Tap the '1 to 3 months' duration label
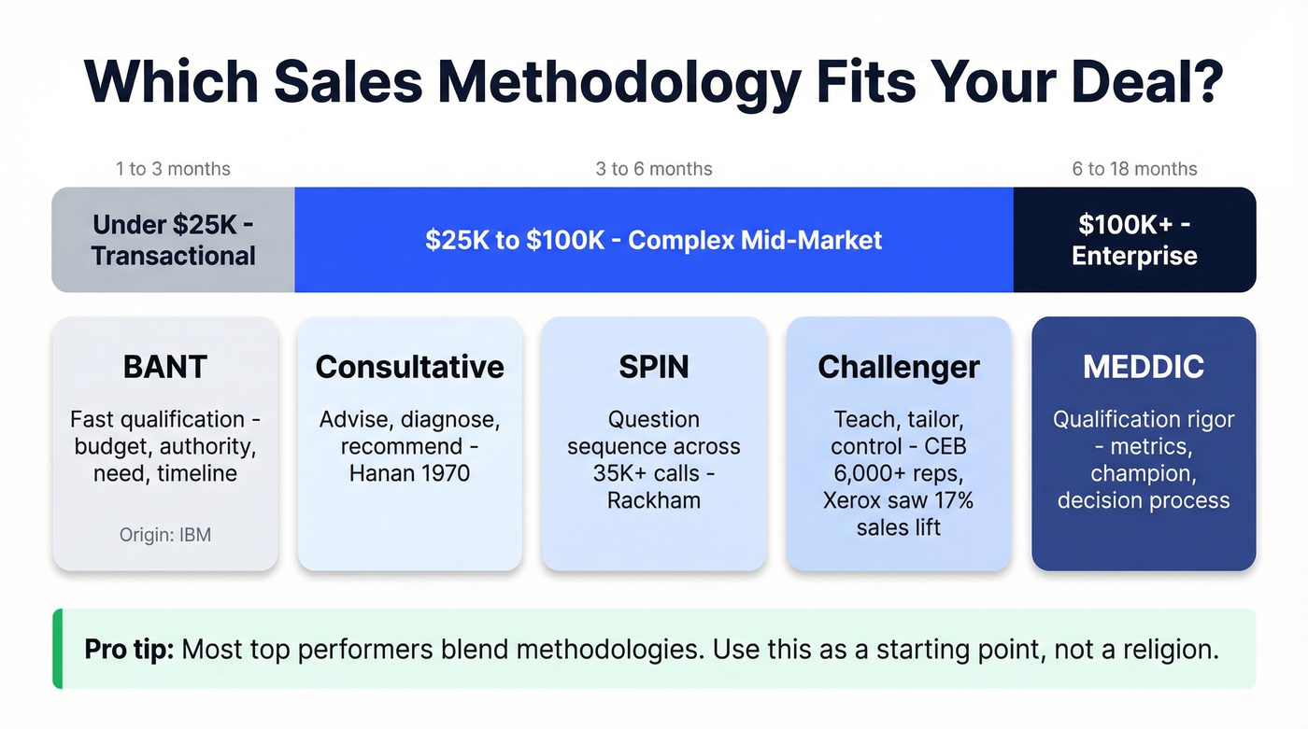coord(173,169)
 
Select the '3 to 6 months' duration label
coord(654,169)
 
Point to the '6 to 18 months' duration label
coord(1134,169)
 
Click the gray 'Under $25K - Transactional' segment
coord(174,240)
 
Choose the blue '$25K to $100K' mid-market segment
coord(653,240)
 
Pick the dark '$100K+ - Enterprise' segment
coord(1134,240)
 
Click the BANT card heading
coord(165,367)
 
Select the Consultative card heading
coord(409,367)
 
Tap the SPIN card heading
coord(654,367)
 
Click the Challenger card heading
coord(898,367)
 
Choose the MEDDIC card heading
coord(1144,367)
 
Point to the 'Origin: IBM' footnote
coord(165,535)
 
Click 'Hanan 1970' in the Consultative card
coord(409,473)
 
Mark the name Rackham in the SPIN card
coord(654,500)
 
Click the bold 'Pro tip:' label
coord(129,649)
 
